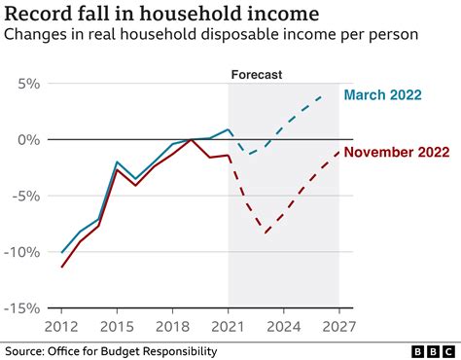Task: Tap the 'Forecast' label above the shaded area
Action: tap(256, 74)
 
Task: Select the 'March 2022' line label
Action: tap(383, 94)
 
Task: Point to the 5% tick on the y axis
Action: tap(24, 85)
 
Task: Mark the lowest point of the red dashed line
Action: tap(266, 233)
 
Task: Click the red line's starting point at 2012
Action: tap(62, 267)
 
